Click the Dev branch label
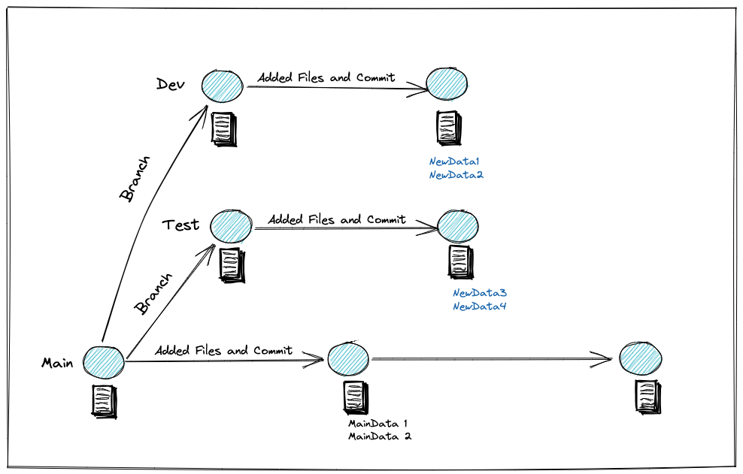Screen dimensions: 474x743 (171, 83)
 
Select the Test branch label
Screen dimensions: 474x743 (180, 224)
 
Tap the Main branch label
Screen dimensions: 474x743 (57, 363)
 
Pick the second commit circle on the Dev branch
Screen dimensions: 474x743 (447, 82)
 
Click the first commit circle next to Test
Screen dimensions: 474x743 (232, 225)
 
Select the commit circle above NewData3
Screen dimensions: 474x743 (457, 226)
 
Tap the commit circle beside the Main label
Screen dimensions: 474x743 (104, 361)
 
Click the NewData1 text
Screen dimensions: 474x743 (453, 162)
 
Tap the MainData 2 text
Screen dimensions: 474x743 (379, 436)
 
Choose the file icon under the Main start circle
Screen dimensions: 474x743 (103, 400)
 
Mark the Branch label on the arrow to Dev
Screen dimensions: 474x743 (136, 179)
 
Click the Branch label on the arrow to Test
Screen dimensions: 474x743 (153, 294)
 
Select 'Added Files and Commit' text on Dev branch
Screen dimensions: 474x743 (326, 77)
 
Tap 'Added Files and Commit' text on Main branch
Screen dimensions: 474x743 (223, 351)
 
